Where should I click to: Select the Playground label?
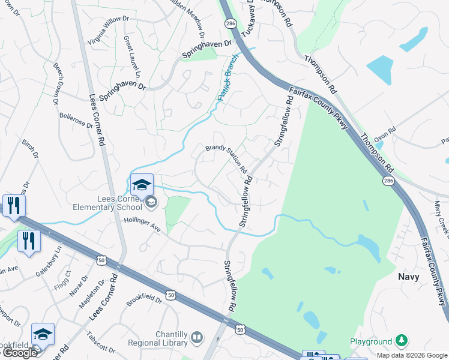(371, 341)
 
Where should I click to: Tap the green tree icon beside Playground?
(401, 341)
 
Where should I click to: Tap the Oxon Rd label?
(385, 134)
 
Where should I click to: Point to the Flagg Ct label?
(63, 279)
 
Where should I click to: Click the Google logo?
(19, 353)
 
